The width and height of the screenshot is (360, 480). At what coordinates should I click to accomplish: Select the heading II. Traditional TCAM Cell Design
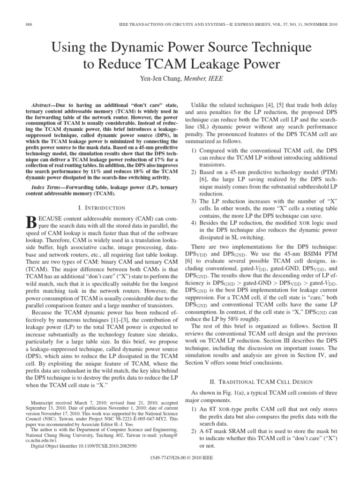(264, 380)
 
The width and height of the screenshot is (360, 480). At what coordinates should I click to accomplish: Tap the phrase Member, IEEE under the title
(193, 79)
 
